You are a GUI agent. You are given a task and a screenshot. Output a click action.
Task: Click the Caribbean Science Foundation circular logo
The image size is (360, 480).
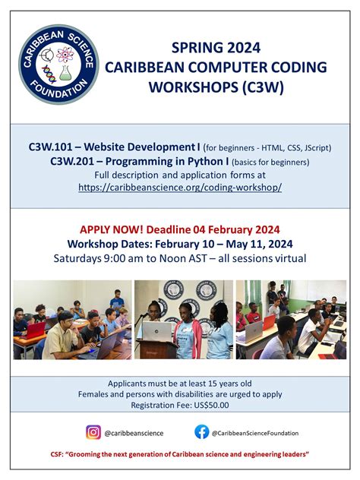point(59,65)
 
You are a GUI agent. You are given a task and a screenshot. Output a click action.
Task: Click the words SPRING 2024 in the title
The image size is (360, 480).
point(216,49)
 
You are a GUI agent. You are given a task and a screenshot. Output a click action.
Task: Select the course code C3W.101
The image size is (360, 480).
point(73,147)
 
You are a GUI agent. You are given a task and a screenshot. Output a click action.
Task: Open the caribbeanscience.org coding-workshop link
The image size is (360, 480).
point(179,187)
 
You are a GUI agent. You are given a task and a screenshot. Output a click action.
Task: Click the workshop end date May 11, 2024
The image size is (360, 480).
point(260,244)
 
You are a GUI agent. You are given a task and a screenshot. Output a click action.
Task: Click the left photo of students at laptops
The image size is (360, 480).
point(72,319)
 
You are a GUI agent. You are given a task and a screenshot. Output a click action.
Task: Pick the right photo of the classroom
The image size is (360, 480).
point(290,319)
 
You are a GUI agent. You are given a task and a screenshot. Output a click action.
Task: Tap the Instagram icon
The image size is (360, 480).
point(93,432)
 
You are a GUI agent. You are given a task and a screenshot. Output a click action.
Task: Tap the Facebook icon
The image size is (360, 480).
point(201,432)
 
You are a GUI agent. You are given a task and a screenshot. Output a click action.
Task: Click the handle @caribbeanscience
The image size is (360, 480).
point(134,433)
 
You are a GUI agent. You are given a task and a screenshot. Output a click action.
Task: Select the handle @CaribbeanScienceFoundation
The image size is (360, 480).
point(255,433)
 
